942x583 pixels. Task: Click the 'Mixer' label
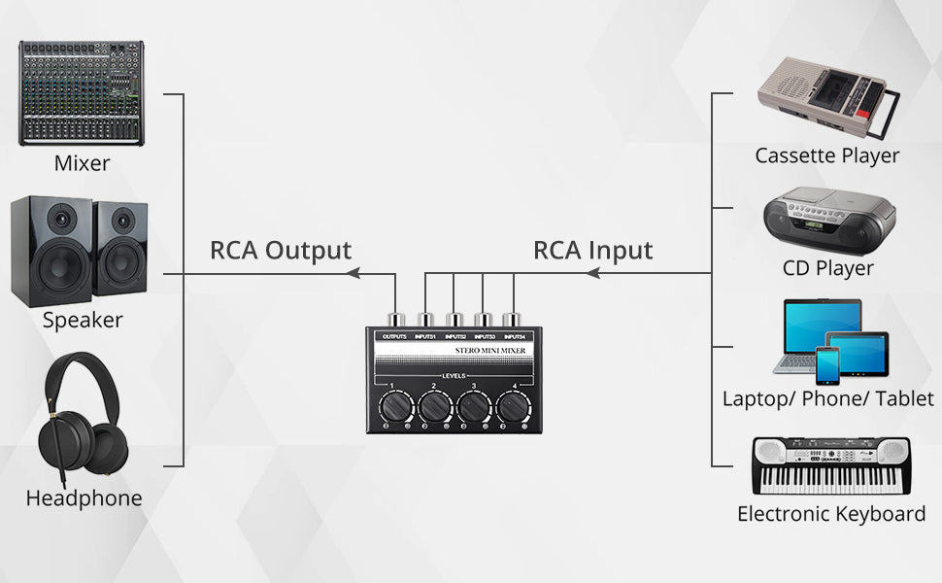point(82,163)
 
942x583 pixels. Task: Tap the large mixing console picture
point(82,93)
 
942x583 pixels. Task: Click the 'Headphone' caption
point(84,498)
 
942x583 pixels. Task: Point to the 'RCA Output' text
point(281,250)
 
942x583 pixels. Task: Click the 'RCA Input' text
point(593,250)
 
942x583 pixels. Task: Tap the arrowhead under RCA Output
point(354,275)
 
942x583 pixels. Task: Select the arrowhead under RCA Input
point(592,275)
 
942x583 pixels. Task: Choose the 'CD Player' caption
point(828,267)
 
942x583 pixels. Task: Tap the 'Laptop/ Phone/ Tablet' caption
point(828,398)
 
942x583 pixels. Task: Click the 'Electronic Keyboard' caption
point(831,514)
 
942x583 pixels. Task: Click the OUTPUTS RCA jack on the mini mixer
point(395,319)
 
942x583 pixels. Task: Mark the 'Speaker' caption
point(83,320)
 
